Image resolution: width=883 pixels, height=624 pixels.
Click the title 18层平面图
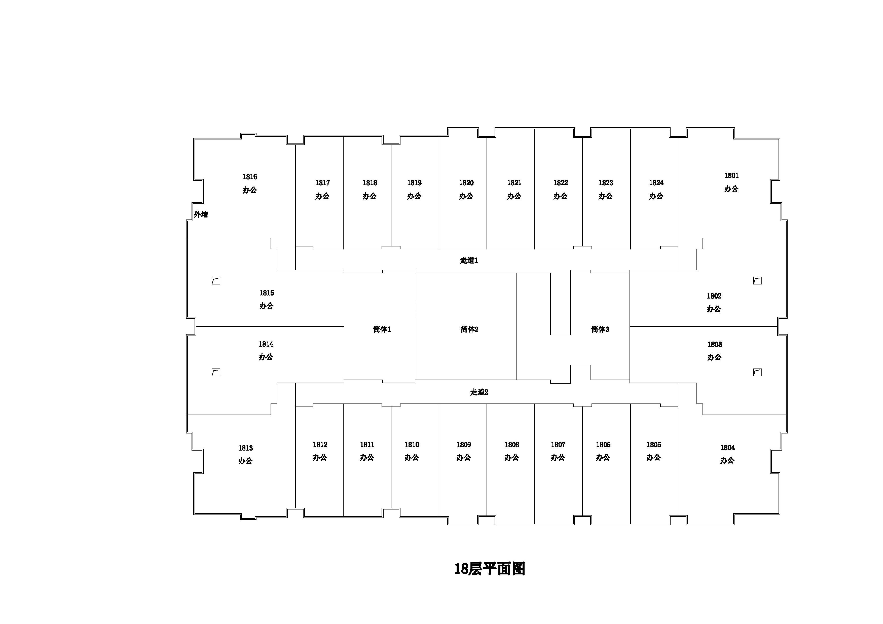(x=490, y=569)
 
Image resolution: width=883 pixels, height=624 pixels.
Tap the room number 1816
(x=250, y=177)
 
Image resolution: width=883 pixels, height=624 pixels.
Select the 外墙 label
(x=201, y=214)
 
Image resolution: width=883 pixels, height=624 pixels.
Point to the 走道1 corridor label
(x=469, y=260)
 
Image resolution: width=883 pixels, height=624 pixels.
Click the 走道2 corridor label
(x=479, y=392)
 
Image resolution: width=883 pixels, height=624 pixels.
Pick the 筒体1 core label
(x=382, y=329)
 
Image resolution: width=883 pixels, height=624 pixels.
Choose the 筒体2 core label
(x=469, y=329)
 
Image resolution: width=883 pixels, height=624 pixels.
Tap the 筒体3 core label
(x=600, y=329)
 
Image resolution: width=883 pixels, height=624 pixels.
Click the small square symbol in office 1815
(x=216, y=281)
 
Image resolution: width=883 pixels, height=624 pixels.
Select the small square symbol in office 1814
(x=216, y=372)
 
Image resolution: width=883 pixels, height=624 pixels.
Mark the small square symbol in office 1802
(x=758, y=281)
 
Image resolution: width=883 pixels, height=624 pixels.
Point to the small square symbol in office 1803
(x=758, y=372)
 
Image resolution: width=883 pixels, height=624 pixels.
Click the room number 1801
(x=731, y=176)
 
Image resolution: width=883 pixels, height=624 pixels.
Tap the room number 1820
(x=466, y=183)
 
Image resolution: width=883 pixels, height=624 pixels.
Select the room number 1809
(x=464, y=445)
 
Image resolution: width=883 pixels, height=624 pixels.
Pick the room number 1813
(x=245, y=448)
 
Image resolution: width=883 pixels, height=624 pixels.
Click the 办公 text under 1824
(x=656, y=196)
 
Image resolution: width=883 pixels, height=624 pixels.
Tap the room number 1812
(x=320, y=445)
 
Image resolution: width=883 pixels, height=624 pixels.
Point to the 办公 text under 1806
(x=603, y=458)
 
